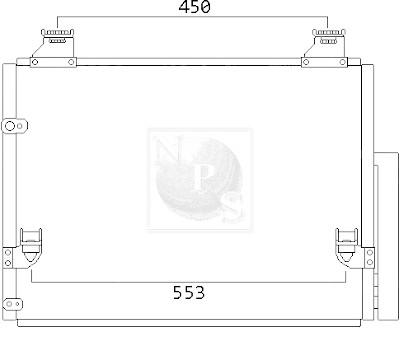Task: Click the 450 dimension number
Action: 194,7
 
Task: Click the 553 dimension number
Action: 189,293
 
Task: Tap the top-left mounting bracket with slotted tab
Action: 53,48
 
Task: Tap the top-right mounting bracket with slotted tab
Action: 324,48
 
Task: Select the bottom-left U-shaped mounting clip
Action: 31,247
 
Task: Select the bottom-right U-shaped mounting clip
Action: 347,247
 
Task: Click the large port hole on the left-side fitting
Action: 10,126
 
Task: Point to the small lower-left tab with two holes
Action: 13,304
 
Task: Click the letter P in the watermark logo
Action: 204,177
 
